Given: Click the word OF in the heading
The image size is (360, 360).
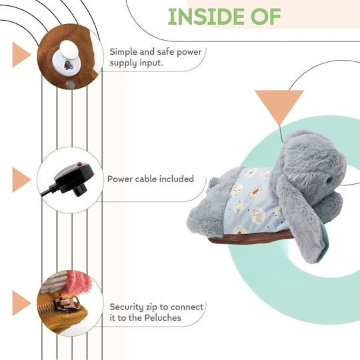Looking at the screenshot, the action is pos(266,17).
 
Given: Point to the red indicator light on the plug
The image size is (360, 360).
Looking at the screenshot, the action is pos(79,164).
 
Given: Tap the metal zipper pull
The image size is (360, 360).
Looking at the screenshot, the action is pos(67,302).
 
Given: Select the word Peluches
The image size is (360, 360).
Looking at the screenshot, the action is pos(163,318).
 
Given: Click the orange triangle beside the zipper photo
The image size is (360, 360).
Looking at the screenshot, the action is pos(21,303).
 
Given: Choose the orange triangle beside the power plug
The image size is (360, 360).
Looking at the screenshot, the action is pos(21,180).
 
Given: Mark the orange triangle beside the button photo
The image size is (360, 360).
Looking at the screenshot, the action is pos(21,55).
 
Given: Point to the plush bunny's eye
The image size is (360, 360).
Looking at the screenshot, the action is pos(329,180).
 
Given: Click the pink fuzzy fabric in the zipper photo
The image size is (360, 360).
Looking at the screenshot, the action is pos(79,283).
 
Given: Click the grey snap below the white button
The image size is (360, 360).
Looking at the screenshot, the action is pos(71,85).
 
